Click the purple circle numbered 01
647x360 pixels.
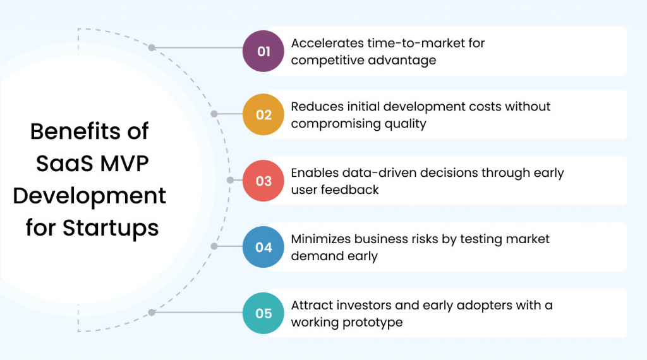point(263,51)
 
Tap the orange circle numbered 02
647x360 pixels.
point(263,115)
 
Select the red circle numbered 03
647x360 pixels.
point(263,181)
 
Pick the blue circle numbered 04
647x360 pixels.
point(263,247)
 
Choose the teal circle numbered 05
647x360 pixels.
point(263,313)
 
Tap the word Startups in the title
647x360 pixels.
point(111,227)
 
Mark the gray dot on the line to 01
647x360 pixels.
point(152,47)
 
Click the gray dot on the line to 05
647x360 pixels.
point(152,312)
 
